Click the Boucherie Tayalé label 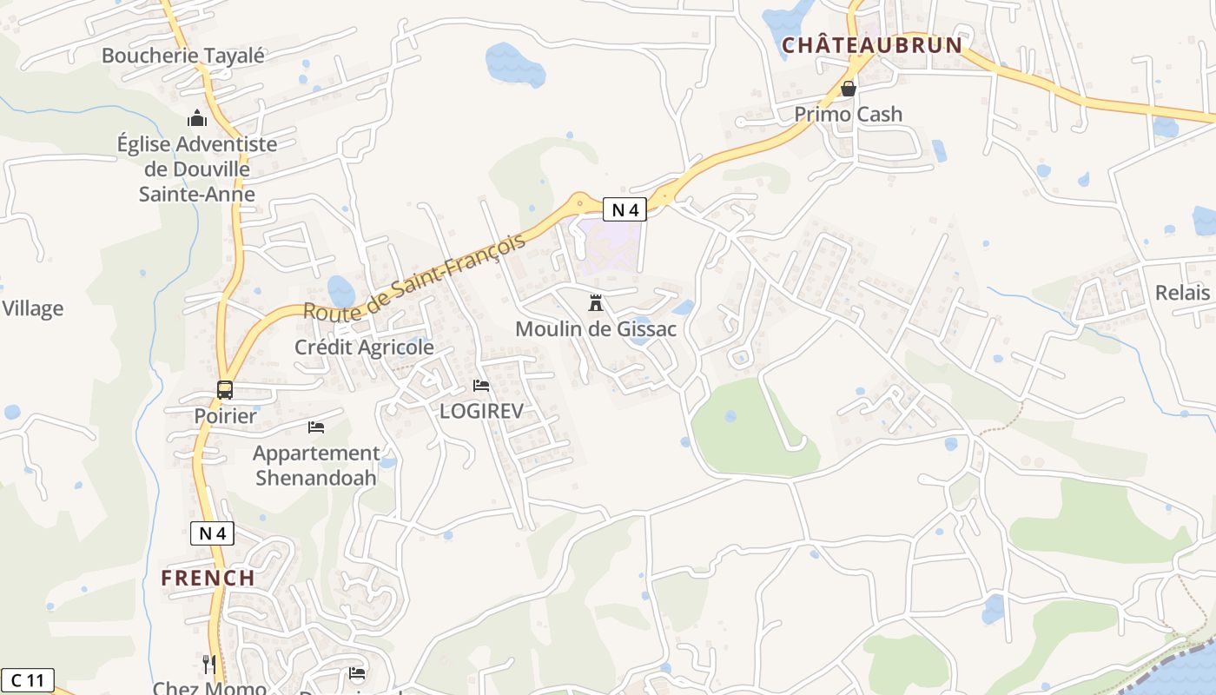pyautogui.click(x=182, y=56)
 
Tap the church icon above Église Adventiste pyautogui.click(x=197, y=118)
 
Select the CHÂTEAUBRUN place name pyautogui.click(x=872, y=45)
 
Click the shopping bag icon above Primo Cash pyautogui.click(x=849, y=89)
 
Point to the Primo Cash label pyautogui.click(x=849, y=114)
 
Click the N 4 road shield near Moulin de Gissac pyautogui.click(x=625, y=208)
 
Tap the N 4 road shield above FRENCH pyautogui.click(x=212, y=533)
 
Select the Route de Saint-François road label pyautogui.click(x=415, y=276)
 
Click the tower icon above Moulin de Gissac pyautogui.click(x=596, y=303)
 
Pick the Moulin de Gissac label pyautogui.click(x=596, y=329)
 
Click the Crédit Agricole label pyautogui.click(x=364, y=347)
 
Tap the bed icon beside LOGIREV pyautogui.click(x=481, y=386)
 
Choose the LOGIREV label pyautogui.click(x=481, y=411)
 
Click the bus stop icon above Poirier pyautogui.click(x=225, y=390)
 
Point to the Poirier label pyautogui.click(x=225, y=416)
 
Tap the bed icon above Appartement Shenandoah pyautogui.click(x=316, y=427)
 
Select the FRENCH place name pyautogui.click(x=208, y=578)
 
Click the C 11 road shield pyautogui.click(x=28, y=679)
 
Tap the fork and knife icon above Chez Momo pyautogui.click(x=209, y=665)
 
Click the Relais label pyautogui.click(x=1182, y=293)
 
